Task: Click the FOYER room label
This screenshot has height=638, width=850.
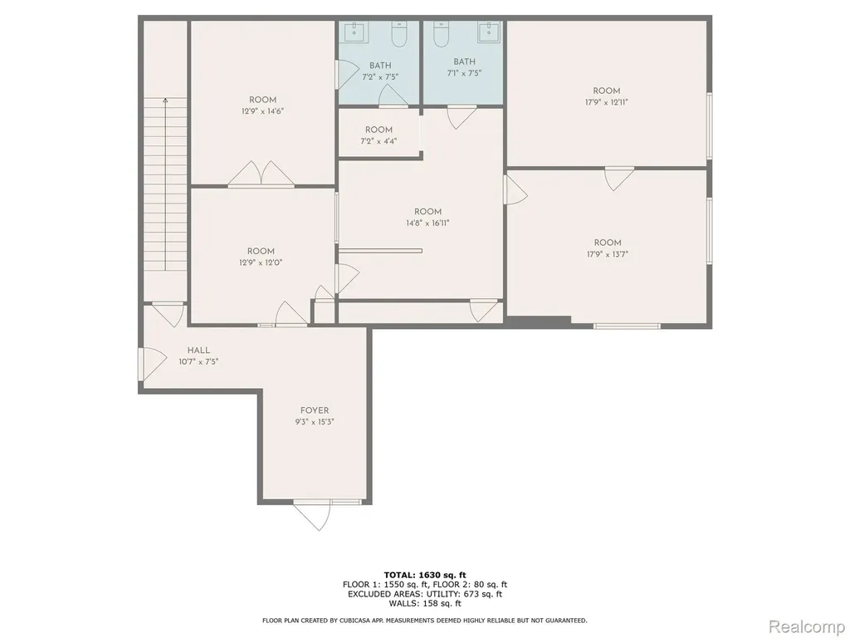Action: click(x=315, y=410)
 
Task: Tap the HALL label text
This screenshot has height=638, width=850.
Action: click(x=198, y=351)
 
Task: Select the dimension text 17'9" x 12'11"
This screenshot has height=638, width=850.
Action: click(x=606, y=102)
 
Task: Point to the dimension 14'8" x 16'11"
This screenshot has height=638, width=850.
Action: click(x=427, y=223)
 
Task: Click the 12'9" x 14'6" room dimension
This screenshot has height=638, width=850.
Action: click(x=263, y=111)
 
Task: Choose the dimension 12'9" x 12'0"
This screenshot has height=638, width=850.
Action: click(x=261, y=263)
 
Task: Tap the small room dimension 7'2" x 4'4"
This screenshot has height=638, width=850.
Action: click(x=379, y=141)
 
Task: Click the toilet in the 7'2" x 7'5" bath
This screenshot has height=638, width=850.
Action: click(x=399, y=34)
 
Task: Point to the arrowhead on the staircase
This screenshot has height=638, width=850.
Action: click(x=165, y=100)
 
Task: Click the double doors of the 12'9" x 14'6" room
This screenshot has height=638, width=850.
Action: click(x=261, y=174)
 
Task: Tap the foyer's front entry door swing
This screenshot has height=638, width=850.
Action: click(x=313, y=514)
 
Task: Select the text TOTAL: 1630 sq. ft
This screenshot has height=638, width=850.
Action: click(x=425, y=575)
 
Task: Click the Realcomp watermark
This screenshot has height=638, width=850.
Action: click(x=807, y=626)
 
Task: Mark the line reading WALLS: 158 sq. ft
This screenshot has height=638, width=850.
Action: click(x=425, y=603)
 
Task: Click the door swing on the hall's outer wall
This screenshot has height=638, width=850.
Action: click(x=153, y=364)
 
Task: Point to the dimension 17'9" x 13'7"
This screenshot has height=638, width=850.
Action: click(x=607, y=254)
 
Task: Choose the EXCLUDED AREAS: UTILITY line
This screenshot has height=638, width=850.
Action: click(x=425, y=594)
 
